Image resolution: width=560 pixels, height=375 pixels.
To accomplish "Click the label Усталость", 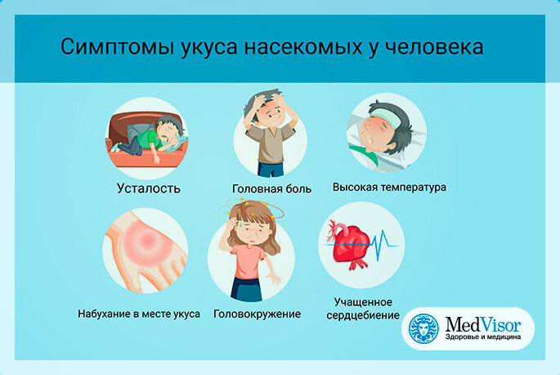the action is tap(149, 188).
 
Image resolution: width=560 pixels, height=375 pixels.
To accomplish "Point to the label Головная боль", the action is tap(271, 188).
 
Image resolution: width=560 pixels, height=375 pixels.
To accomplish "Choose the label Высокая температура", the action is tap(389, 187).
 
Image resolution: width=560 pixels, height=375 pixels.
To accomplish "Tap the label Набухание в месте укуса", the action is tap(139, 314).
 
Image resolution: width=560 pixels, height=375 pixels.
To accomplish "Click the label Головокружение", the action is tap(258, 314).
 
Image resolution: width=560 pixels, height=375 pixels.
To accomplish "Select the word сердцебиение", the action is tap(363, 315).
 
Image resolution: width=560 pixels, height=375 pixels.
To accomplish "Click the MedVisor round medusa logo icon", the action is tap(423, 328).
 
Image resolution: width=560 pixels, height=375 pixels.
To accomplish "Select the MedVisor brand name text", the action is tap(483, 325).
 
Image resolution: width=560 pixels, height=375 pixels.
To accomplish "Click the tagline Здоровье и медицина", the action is tap(483, 337).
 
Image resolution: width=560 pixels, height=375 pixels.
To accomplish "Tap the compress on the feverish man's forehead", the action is tap(385, 118).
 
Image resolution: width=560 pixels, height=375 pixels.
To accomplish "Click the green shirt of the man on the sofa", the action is tap(148, 139).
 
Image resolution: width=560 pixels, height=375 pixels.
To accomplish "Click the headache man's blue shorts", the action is tap(271, 169).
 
